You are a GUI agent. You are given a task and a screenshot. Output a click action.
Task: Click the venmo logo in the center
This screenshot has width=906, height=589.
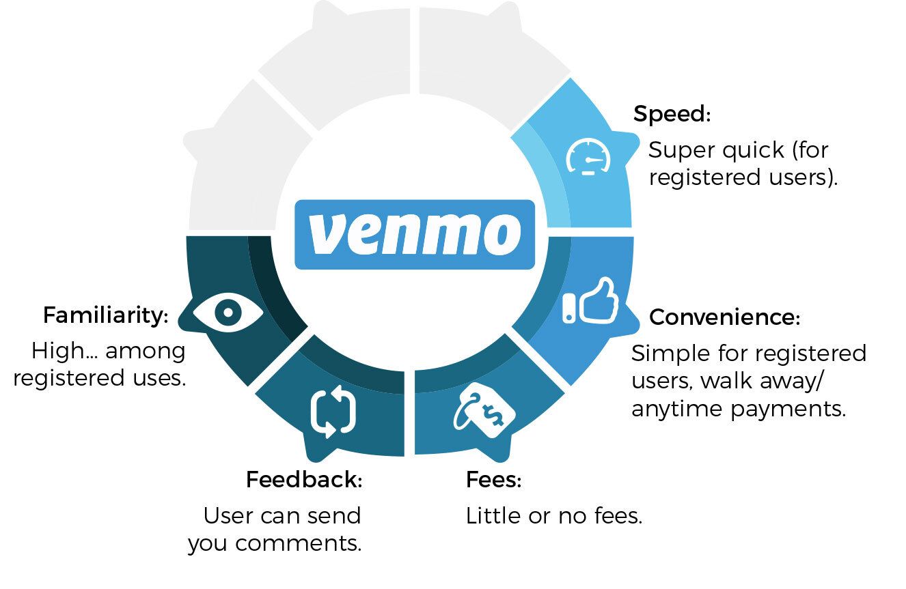414,234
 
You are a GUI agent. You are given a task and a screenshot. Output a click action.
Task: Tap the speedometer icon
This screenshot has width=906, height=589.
588,159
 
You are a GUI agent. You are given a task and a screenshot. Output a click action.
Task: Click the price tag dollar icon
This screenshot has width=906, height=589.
483,410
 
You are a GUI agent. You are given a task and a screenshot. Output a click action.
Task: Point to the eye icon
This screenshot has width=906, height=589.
227,313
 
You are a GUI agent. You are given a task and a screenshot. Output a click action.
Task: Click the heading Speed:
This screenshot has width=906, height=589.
672,114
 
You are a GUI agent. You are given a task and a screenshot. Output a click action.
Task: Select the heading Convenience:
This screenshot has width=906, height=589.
724,317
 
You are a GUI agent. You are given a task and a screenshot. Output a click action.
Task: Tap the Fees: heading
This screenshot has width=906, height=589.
493,480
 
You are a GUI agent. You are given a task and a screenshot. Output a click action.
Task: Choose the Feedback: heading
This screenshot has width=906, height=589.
303,480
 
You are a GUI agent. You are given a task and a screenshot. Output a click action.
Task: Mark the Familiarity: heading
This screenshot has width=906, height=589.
105,315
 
